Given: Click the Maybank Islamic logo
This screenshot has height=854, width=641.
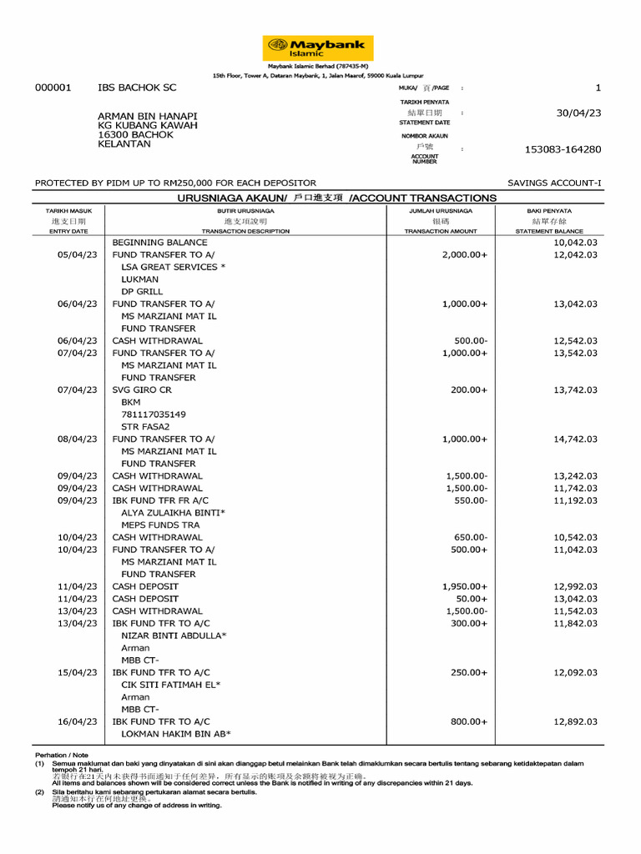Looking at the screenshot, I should coord(318,48).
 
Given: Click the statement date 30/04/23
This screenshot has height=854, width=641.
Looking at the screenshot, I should coord(578,113).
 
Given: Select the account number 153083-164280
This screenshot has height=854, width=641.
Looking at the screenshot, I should coord(562,149).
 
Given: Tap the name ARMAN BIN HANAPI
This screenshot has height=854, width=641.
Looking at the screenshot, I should coord(148,116).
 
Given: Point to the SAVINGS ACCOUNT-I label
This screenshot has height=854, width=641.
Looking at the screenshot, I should coord(553,183).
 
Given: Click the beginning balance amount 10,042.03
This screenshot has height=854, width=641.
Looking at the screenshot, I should coord(575,242).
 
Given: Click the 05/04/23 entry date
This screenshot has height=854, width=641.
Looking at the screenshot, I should coord(77,254).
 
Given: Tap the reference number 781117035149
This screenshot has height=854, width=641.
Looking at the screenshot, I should coord(154,414).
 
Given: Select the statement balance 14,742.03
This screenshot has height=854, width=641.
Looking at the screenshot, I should coord(575,439).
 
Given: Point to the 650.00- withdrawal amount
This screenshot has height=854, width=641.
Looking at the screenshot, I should coord(471,537).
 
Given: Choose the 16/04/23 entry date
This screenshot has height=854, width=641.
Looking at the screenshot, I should coord(77,721).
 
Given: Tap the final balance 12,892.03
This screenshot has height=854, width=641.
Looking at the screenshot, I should coord(575,721).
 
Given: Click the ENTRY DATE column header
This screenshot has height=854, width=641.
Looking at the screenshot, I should coord(68,231).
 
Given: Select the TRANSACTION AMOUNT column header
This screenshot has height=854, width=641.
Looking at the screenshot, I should coord(441,231).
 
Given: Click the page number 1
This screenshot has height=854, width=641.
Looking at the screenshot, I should coord(598,88).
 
